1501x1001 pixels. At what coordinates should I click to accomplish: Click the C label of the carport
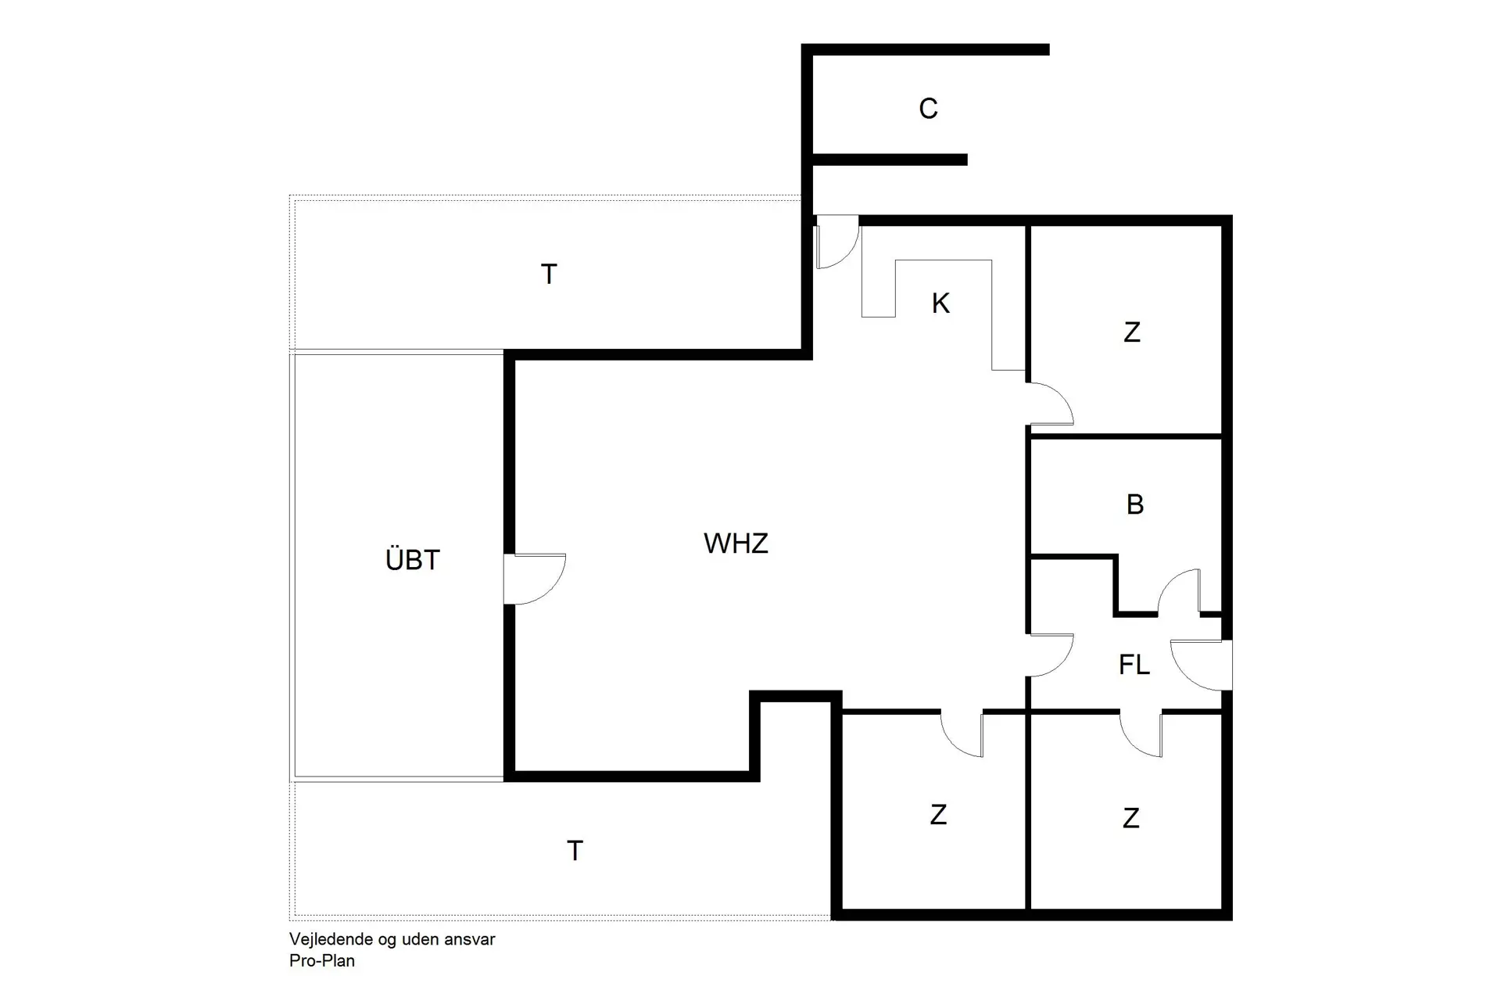click(x=928, y=109)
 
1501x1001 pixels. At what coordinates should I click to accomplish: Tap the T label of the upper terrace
click(x=549, y=274)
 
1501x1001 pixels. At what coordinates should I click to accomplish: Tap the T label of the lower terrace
click(x=575, y=851)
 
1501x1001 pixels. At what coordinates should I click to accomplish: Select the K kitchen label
click(x=940, y=303)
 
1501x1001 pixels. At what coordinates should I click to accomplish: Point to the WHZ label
click(x=736, y=544)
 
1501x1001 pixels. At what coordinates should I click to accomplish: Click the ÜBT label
click(x=413, y=560)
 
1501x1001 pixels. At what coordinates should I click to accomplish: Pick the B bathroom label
click(x=1135, y=505)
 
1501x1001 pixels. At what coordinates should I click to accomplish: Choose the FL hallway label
click(x=1134, y=666)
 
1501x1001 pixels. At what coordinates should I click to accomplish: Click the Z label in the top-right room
click(x=1131, y=332)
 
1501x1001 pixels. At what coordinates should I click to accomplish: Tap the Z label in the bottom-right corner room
click(x=1130, y=819)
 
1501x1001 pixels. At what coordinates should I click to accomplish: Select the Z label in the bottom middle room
click(x=938, y=815)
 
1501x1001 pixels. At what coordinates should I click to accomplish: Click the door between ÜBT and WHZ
click(x=532, y=579)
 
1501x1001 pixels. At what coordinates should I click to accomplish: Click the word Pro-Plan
click(x=322, y=961)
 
